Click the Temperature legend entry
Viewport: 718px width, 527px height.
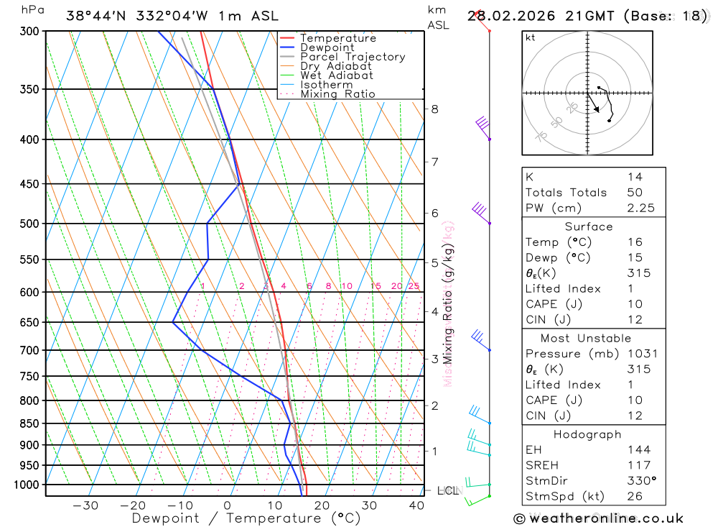[x=337, y=38]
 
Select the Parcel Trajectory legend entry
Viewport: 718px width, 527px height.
[x=353, y=57]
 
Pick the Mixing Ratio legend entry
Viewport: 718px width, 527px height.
[x=337, y=93]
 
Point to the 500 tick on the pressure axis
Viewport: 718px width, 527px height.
[x=29, y=224]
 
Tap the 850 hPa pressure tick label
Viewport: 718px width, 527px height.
[x=29, y=423]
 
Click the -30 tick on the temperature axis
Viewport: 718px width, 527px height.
[x=85, y=505]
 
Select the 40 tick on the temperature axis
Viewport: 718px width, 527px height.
[x=416, y=505]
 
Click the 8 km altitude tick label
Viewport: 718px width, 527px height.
[x=434, y=109]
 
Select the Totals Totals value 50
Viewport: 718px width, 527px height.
[x=634, y=193]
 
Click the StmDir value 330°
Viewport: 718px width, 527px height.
[x=639, y=481]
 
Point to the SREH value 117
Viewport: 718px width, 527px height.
[x=635, y=465]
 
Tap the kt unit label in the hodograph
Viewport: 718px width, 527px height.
[x=531, y=37]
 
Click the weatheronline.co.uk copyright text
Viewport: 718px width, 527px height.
[x=598, y=518]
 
